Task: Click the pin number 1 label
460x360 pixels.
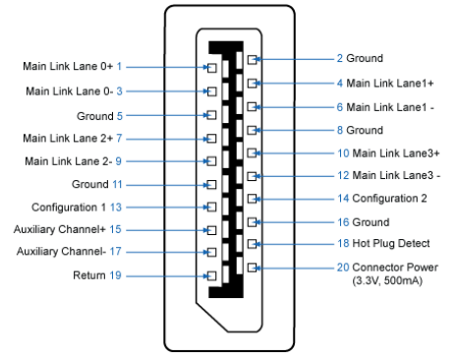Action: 119,66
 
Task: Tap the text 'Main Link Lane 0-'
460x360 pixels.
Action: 70,91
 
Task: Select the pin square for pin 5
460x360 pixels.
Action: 212,115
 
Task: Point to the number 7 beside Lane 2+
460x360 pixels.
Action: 119,138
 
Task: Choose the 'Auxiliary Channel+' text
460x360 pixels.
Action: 60,229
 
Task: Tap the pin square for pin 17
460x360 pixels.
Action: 212,252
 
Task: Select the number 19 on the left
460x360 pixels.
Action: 115,275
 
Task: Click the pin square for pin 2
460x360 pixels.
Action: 252,59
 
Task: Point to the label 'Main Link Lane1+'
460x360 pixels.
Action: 390,84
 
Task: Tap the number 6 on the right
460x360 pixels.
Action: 340,107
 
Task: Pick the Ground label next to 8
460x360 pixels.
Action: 365,130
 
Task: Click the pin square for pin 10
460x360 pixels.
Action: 252,152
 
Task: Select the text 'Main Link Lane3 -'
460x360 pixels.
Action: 396,175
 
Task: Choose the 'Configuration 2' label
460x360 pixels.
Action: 389,199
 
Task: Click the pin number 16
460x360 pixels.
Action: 343,222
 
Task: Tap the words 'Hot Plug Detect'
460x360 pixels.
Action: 391,243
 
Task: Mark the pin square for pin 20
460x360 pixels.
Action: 252,268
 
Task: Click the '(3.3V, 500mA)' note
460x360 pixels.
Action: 387,280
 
